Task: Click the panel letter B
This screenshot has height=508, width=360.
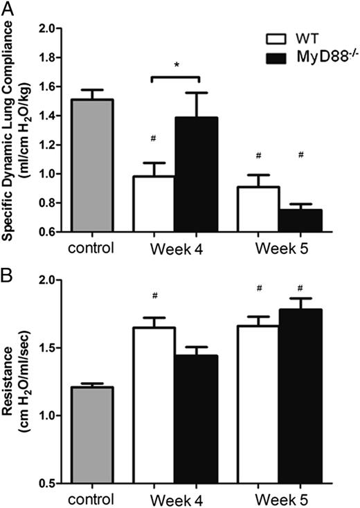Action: [8, 263]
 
